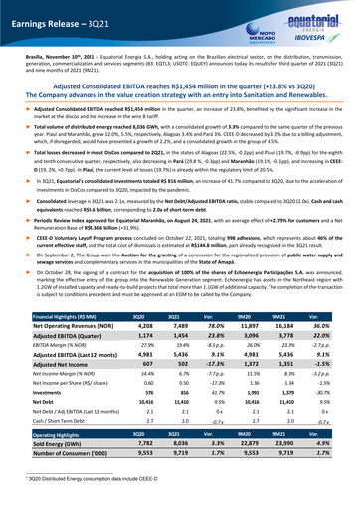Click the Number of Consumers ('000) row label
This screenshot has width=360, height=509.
coord(58,483)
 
